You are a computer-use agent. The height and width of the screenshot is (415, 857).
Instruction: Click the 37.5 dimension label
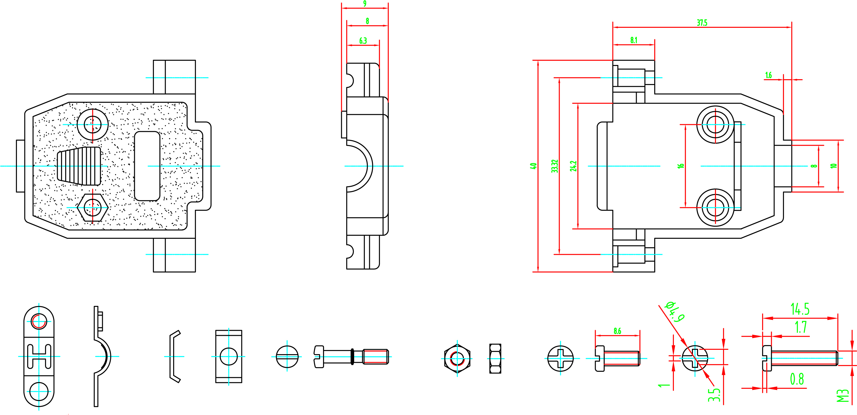(702, 23)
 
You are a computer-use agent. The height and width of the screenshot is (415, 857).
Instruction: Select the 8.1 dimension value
(634, 40)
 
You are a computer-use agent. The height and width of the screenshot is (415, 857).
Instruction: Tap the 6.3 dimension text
(363, 41)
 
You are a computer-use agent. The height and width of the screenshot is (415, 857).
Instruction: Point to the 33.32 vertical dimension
(555, 166)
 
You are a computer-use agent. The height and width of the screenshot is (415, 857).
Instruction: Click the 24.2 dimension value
(573, 166)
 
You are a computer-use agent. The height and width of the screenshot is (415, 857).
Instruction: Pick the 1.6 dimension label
(768, 75)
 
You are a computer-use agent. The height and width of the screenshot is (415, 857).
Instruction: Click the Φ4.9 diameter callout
(675, 312)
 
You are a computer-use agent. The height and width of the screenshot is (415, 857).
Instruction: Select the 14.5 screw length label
(800, 309)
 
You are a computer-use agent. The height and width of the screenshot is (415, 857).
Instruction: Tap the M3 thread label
(842, 396)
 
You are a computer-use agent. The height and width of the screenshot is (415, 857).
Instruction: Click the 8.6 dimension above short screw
(617, 331)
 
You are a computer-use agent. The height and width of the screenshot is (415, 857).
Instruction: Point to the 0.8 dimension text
(797, 379)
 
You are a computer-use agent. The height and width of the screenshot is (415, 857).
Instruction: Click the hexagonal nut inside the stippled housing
(92, 207)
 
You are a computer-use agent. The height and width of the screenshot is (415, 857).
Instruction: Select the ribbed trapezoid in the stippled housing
(79, 166)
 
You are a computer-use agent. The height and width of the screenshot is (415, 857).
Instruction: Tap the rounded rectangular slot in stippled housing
(147, 166)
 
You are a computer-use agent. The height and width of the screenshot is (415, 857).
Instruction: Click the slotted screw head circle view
(287, 357)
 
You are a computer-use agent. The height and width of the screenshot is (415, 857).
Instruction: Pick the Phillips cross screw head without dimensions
(560, 358)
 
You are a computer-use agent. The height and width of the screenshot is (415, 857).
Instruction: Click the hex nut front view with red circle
(457, 358)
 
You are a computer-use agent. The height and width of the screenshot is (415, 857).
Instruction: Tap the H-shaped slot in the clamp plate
(39, 356)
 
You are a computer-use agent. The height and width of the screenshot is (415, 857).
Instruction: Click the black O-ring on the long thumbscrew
(352, 357)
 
